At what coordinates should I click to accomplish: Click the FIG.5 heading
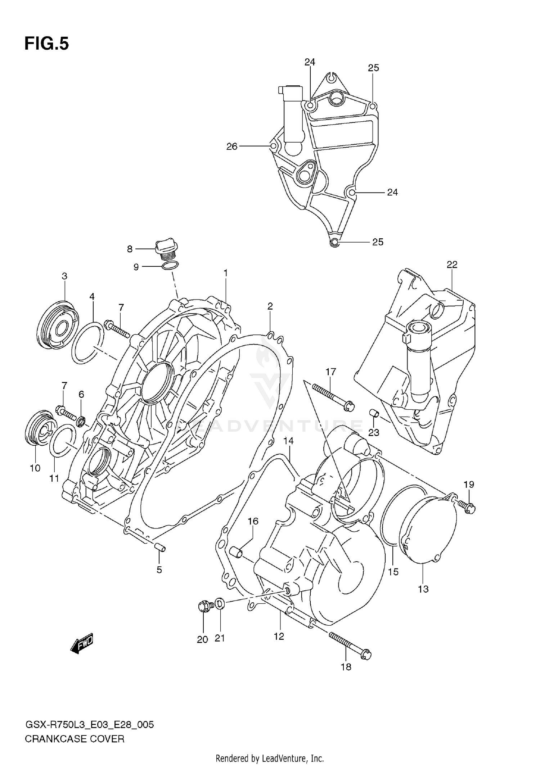(46, 44)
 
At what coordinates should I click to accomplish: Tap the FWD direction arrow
(82, 644)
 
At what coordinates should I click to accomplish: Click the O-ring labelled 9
(170, 266)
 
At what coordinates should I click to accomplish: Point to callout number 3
(64, 276)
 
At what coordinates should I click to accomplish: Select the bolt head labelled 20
(204, 606)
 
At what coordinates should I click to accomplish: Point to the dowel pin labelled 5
(160, 548)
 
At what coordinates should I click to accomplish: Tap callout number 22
(452, 265)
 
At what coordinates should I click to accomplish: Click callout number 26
(232, 147)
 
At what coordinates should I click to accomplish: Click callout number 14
(288, 441)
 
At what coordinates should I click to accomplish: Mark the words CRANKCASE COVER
(75, 739)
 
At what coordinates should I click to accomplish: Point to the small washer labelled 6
(82, 421)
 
